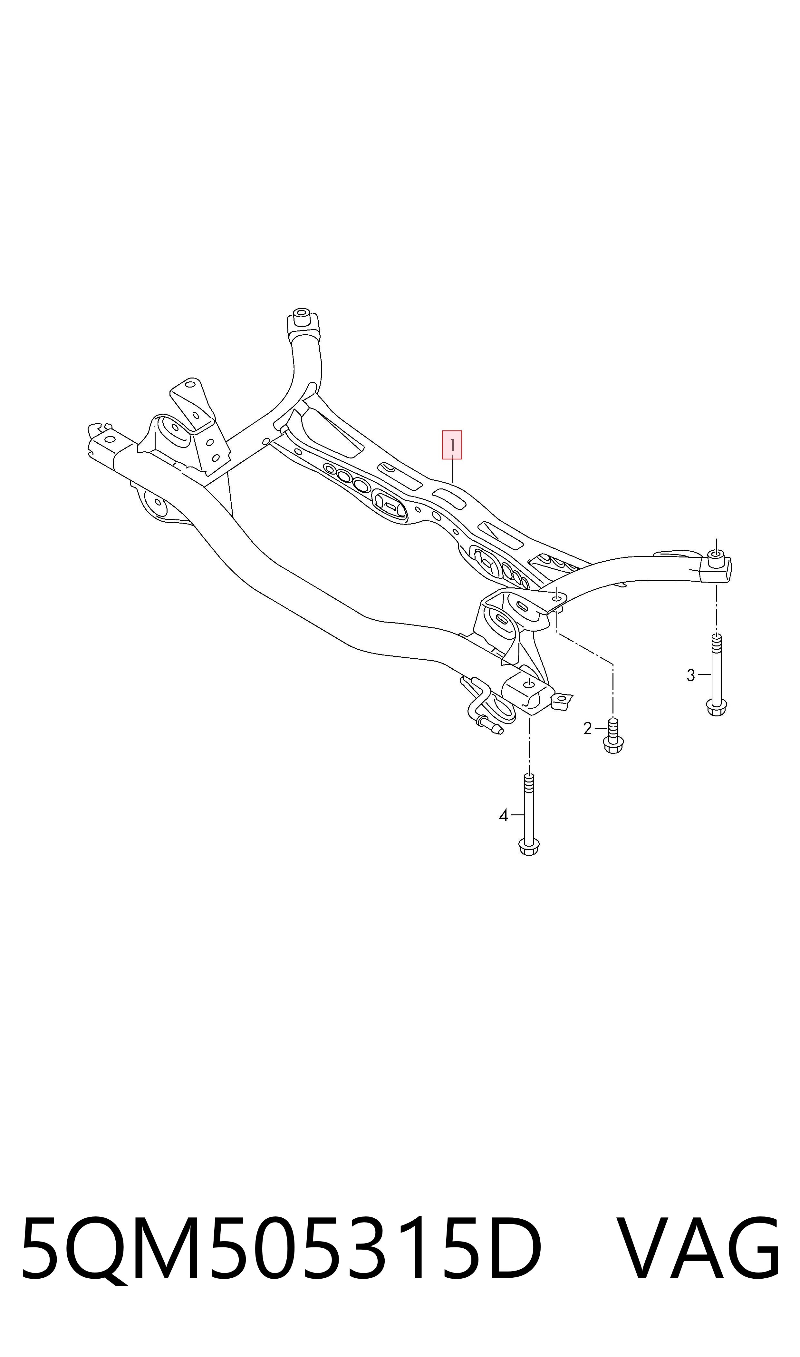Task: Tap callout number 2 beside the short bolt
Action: (588, 729)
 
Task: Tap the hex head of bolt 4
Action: (529, 846)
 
